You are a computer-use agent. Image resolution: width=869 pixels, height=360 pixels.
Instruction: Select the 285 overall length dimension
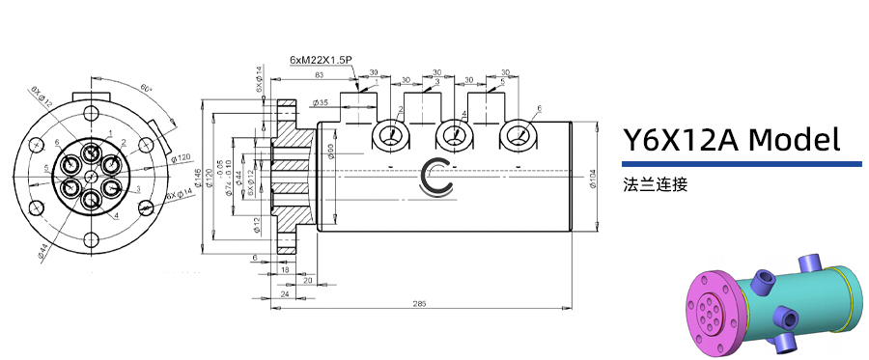point(419,303)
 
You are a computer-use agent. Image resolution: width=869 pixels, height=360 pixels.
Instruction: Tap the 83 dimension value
point(318,75)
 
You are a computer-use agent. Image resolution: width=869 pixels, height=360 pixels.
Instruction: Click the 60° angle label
point(146,88)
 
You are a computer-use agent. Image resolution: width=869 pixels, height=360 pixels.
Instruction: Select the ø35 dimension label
point(321,102)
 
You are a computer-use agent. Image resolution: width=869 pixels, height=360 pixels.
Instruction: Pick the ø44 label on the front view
point(44,250)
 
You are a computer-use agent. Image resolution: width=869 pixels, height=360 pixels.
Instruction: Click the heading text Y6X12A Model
point(730,141)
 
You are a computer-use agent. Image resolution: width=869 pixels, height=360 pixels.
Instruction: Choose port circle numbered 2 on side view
point(390,136)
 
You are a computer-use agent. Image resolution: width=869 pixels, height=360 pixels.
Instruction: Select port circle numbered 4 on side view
point(453,136)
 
